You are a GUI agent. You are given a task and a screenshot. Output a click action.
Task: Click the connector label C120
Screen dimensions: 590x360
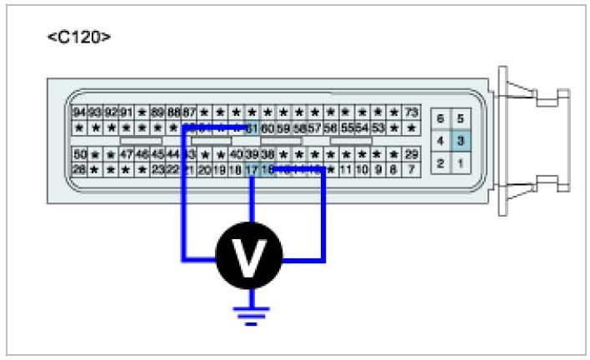79,37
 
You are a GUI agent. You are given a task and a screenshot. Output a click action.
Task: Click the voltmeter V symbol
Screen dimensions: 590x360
249,257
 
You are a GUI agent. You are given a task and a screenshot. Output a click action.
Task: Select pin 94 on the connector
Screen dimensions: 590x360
80,112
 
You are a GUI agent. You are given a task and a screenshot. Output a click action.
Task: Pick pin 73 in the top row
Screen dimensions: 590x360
411,112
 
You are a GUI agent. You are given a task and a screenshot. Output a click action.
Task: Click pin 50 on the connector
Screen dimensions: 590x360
80,154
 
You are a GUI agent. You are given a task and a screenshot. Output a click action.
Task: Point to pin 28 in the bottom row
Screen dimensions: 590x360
80,169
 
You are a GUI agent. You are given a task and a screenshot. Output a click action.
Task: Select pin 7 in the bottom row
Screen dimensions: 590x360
411,169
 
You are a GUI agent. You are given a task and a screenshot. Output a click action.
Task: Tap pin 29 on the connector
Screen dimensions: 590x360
411,154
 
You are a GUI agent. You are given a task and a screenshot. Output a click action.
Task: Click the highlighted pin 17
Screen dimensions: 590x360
252,169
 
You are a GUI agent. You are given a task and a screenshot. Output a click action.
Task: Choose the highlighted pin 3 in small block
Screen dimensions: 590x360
460,141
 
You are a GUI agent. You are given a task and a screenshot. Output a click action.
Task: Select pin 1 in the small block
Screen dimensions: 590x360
460,163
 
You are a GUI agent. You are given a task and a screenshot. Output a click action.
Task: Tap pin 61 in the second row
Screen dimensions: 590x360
252,127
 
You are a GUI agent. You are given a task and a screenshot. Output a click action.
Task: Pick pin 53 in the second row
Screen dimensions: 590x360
378,127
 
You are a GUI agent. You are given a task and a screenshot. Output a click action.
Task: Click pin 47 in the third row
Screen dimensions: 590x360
126,154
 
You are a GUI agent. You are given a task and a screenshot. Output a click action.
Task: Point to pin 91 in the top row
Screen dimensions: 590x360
126,112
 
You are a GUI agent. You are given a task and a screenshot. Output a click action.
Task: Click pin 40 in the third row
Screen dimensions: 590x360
236,154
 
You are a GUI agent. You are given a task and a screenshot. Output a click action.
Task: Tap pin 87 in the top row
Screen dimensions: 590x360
189,112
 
